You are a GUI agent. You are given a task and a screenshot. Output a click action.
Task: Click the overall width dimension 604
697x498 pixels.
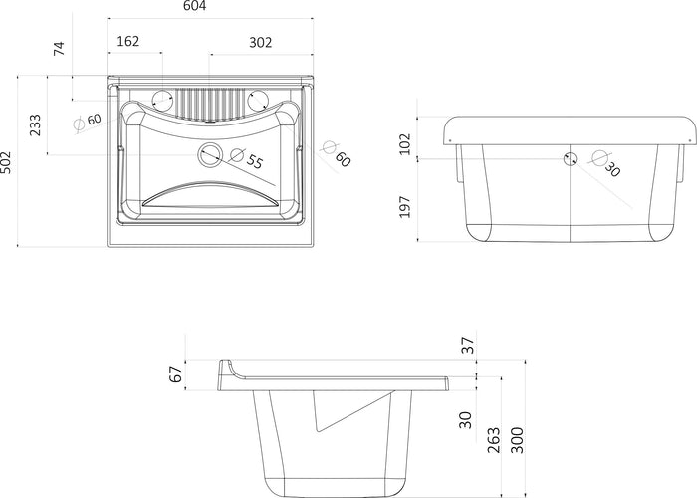(x=195, y=6)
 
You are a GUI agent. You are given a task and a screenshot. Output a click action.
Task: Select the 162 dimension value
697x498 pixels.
(x=128, y=41)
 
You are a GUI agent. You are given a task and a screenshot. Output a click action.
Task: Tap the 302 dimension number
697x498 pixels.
(x=260, y=42)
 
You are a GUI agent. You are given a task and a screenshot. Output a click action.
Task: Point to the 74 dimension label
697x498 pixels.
(x=59, y=48)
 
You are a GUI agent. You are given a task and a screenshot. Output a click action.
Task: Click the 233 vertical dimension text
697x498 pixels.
(x=35, y=124)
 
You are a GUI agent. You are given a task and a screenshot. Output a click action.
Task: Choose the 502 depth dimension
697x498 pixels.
(x=6, y=163)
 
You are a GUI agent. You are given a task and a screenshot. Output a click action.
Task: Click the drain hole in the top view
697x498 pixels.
(x=210, y=155)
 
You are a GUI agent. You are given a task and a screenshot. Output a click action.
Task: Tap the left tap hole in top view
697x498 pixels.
(x=162, y=100)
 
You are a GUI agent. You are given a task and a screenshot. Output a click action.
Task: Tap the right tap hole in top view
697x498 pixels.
(x=257, y=100)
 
